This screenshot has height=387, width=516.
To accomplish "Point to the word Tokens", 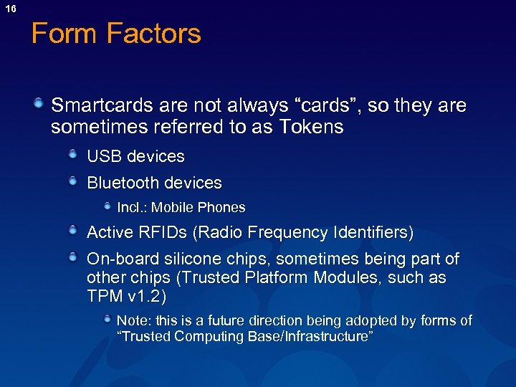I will pyautogui.click(x=312, y=128).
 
